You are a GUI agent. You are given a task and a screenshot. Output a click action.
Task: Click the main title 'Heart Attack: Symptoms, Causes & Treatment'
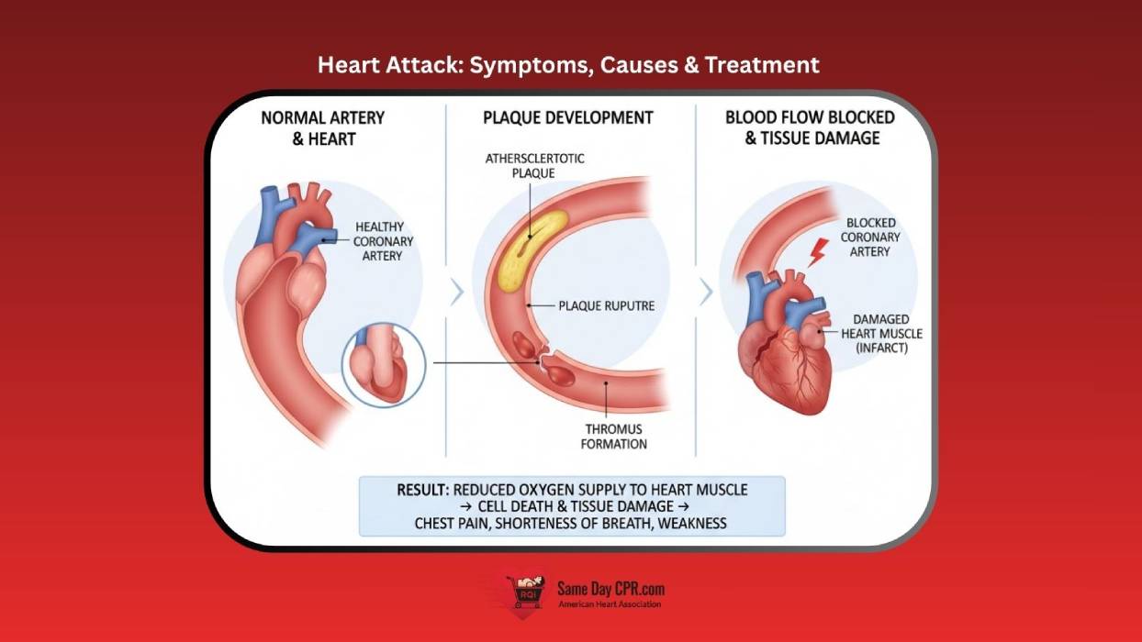tap(568, 65)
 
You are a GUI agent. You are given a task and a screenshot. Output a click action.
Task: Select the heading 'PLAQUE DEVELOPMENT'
tap(568, 117)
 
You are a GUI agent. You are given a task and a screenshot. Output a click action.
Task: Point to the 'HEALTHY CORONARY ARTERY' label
tap(383, 241)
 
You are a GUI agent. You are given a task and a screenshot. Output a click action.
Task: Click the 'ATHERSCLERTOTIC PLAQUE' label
tap(535, 165)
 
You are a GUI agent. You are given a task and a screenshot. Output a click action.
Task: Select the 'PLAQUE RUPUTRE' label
tap(607, 305)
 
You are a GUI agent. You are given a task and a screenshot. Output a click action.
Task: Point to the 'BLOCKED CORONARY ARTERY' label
tap(872, 237)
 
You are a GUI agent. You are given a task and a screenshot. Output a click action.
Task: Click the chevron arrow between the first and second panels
tap(457, 293)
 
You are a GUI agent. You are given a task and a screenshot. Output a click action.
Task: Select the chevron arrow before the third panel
tap(705, 293)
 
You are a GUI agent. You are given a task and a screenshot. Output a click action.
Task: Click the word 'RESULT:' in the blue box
tap(423, 490)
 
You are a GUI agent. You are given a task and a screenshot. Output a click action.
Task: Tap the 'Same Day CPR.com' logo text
tap(610, 589)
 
